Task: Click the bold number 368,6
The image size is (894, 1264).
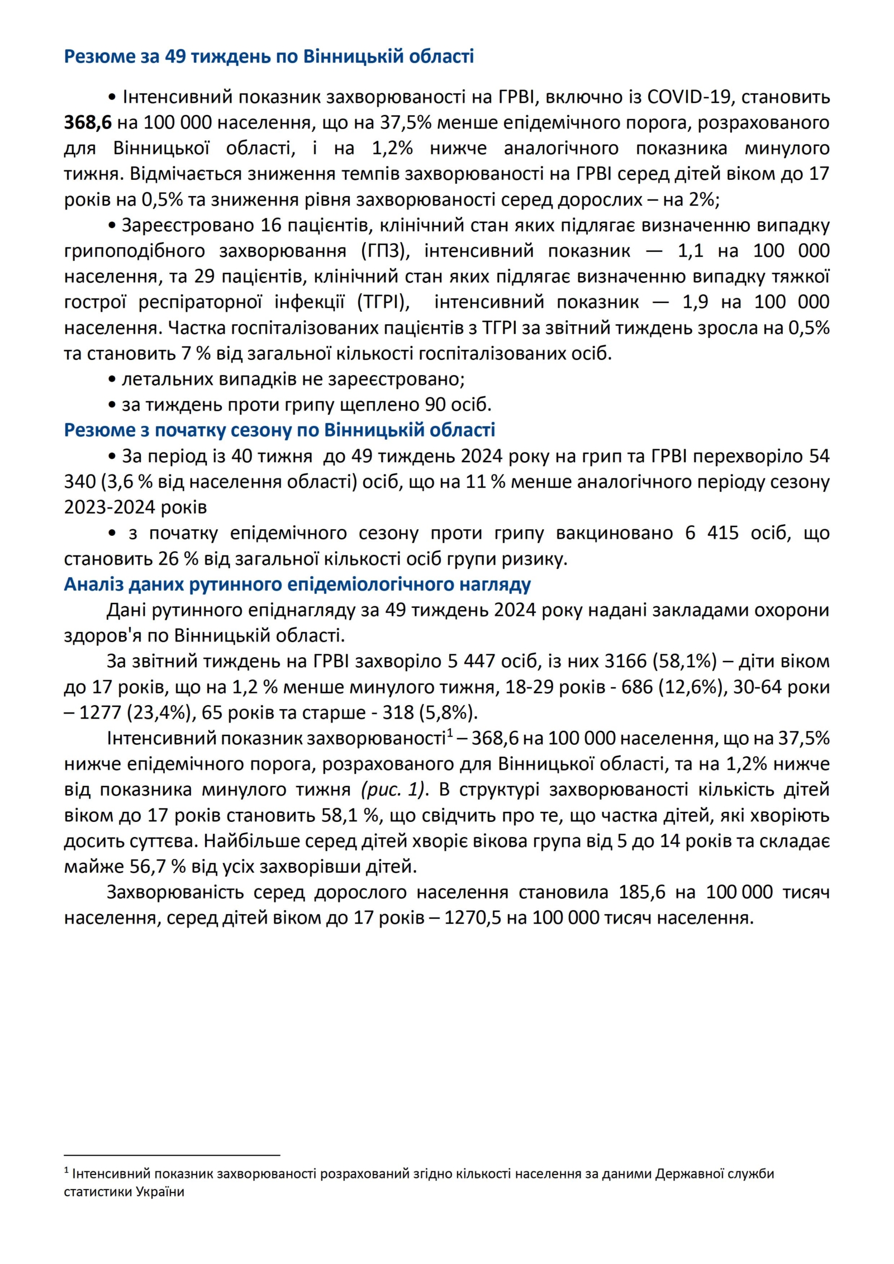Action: click(x=88, y=122)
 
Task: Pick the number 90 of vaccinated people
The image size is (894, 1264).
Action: click(x=436, y=405)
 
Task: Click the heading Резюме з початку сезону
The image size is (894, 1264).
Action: click(x=279, y=430)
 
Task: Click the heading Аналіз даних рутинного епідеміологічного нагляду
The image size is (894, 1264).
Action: click(x=297, y=585)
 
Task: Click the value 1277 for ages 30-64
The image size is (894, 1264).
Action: click(x=100, y=713)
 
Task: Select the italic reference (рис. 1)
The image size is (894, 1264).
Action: click(x=393, y=790)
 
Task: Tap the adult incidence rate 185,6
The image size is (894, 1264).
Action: click(x=642, y=892)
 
